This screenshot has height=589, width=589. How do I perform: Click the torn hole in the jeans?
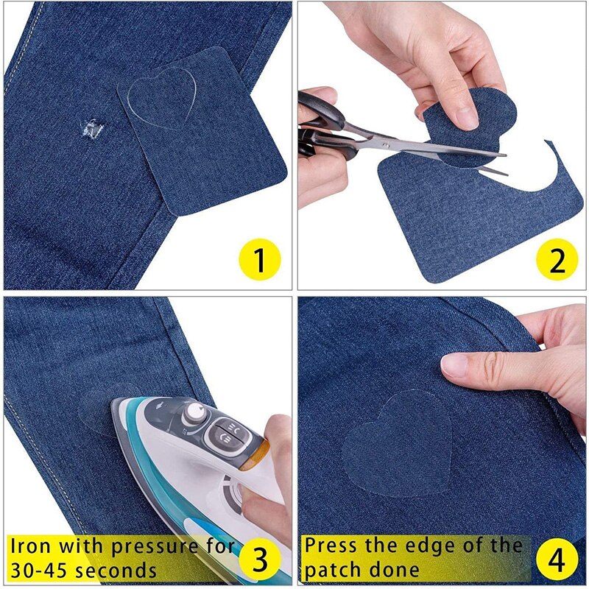click(93, 130)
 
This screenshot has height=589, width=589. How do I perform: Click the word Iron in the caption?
click(33, 547)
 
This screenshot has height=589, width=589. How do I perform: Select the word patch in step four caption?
click(333, 569)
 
